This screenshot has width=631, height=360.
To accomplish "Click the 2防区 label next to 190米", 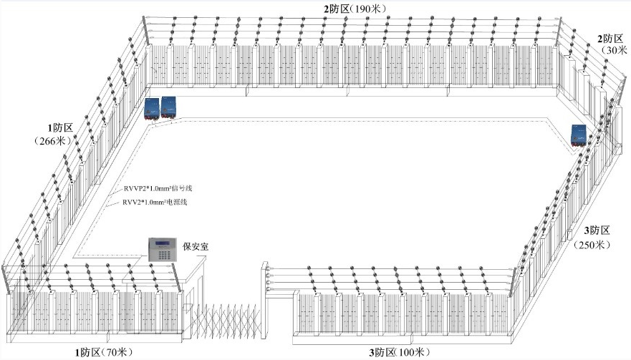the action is coord(337,9).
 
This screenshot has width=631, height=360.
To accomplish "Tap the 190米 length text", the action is coord(368,9).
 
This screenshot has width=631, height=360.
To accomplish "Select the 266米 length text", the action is coord(53,141).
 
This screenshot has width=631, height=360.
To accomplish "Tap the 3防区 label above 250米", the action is coord(597,230).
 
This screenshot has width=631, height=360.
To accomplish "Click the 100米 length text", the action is coord(410,353).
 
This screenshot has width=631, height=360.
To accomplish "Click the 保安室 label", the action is coord(196,246).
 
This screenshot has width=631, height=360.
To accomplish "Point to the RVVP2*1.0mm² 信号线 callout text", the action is coord(158,188).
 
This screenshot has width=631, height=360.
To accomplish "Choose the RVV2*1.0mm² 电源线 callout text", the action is coord(155,202).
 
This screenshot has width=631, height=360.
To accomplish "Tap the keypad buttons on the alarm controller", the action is coord(164,255).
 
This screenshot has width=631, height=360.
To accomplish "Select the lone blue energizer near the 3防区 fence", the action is coord(579,135).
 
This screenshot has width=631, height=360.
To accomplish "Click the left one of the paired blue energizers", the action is coord(152,109).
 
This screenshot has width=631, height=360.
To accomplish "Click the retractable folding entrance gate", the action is coord(226,320).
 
